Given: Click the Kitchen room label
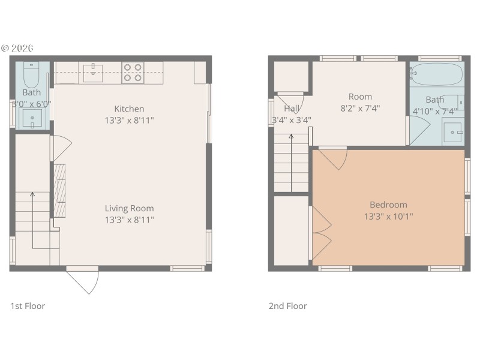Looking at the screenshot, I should (130, 109).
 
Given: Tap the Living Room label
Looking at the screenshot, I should (130, 208).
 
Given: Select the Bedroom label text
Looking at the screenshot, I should (388, 205).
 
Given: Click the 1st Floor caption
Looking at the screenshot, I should (28, 306).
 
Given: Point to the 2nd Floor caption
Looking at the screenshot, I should (287, 306).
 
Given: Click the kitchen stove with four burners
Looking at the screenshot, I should (133, 73).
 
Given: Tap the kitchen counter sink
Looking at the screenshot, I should (92, 73).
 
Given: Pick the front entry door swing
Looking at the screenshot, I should (83, 280).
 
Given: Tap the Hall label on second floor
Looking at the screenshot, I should (292, 109).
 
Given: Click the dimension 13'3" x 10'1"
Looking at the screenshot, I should (388, 217).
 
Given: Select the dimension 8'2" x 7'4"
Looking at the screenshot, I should (360, 109).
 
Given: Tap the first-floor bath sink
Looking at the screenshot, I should (32, 119).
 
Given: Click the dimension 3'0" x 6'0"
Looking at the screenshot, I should (32, 103).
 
